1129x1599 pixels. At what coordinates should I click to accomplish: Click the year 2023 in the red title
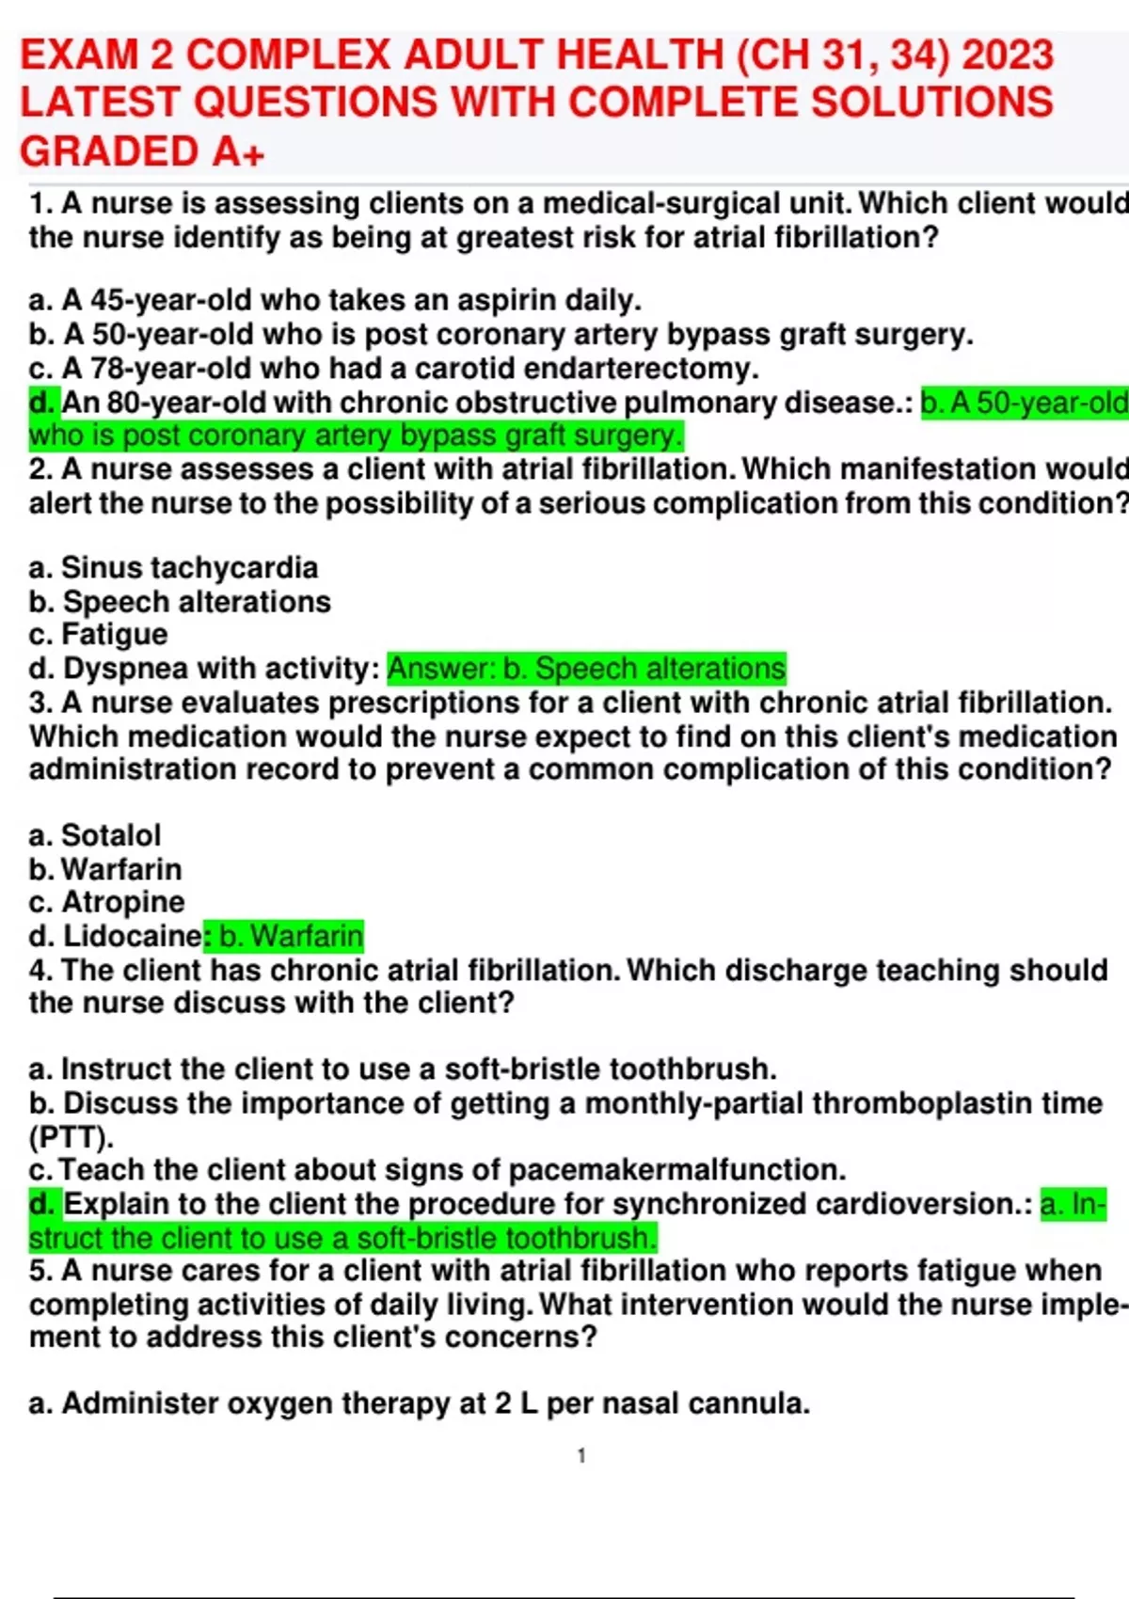(x=1008, y=55)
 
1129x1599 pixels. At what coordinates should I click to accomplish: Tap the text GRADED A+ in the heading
(x=142, y=151)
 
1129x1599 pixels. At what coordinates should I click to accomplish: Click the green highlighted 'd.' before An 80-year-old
(x=44, y=403)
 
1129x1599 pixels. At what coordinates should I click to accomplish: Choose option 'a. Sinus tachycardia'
(x=173, y=567)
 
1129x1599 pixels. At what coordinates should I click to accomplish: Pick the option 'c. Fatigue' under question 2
(x=98, y=634)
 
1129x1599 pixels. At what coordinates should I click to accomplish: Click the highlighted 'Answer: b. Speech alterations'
(x=586, y=668)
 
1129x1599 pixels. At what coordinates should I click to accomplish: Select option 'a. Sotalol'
(x=95, y=834)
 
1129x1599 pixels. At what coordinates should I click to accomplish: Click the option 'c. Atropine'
(x=106, y=901)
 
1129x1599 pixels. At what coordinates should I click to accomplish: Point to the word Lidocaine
(x=132, y=936)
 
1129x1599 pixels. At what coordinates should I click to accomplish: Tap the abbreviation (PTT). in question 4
(x=72, y=1136)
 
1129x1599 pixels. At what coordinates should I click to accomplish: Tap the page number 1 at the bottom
(x=581, y=1456)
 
